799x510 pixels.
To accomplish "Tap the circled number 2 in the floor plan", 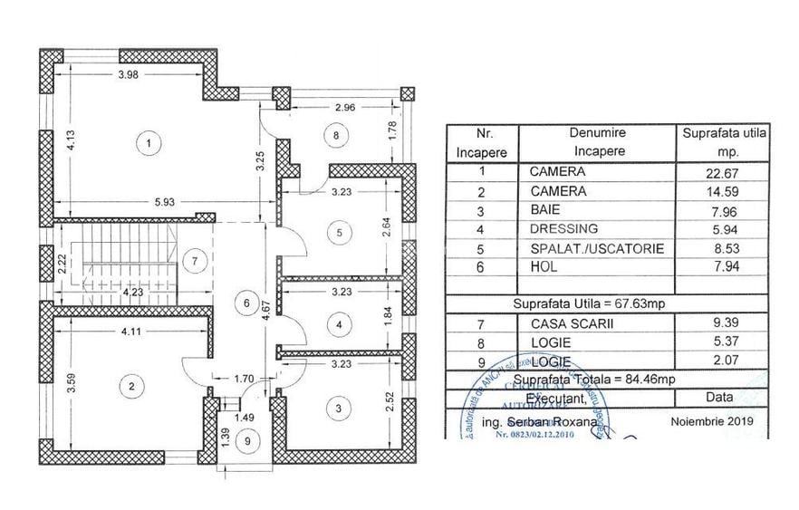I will point(133,387).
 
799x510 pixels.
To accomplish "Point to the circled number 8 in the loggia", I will point(337,136).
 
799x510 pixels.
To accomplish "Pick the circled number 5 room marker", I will point(340,233).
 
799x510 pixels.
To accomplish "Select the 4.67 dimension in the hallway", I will point(266,312).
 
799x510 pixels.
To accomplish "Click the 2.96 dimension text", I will point(344,108).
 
